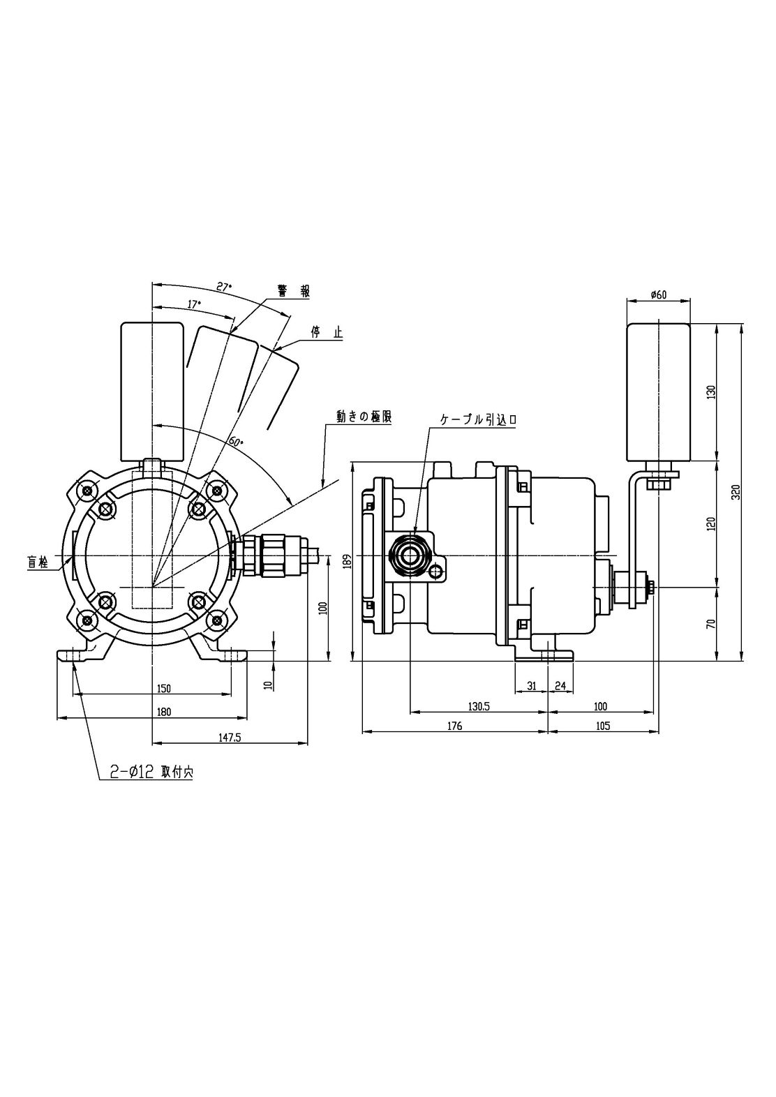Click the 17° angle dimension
tap(194, 304)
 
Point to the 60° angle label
tap(235, 442)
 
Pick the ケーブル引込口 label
tap(477, 419)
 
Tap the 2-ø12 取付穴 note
tap(151, 773)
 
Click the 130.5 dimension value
tap(479, 706)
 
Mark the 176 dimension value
tap(454, 726)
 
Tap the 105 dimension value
tap(603, 726)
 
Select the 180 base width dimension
tap(163, 712)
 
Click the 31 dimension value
tap(531, 686)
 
